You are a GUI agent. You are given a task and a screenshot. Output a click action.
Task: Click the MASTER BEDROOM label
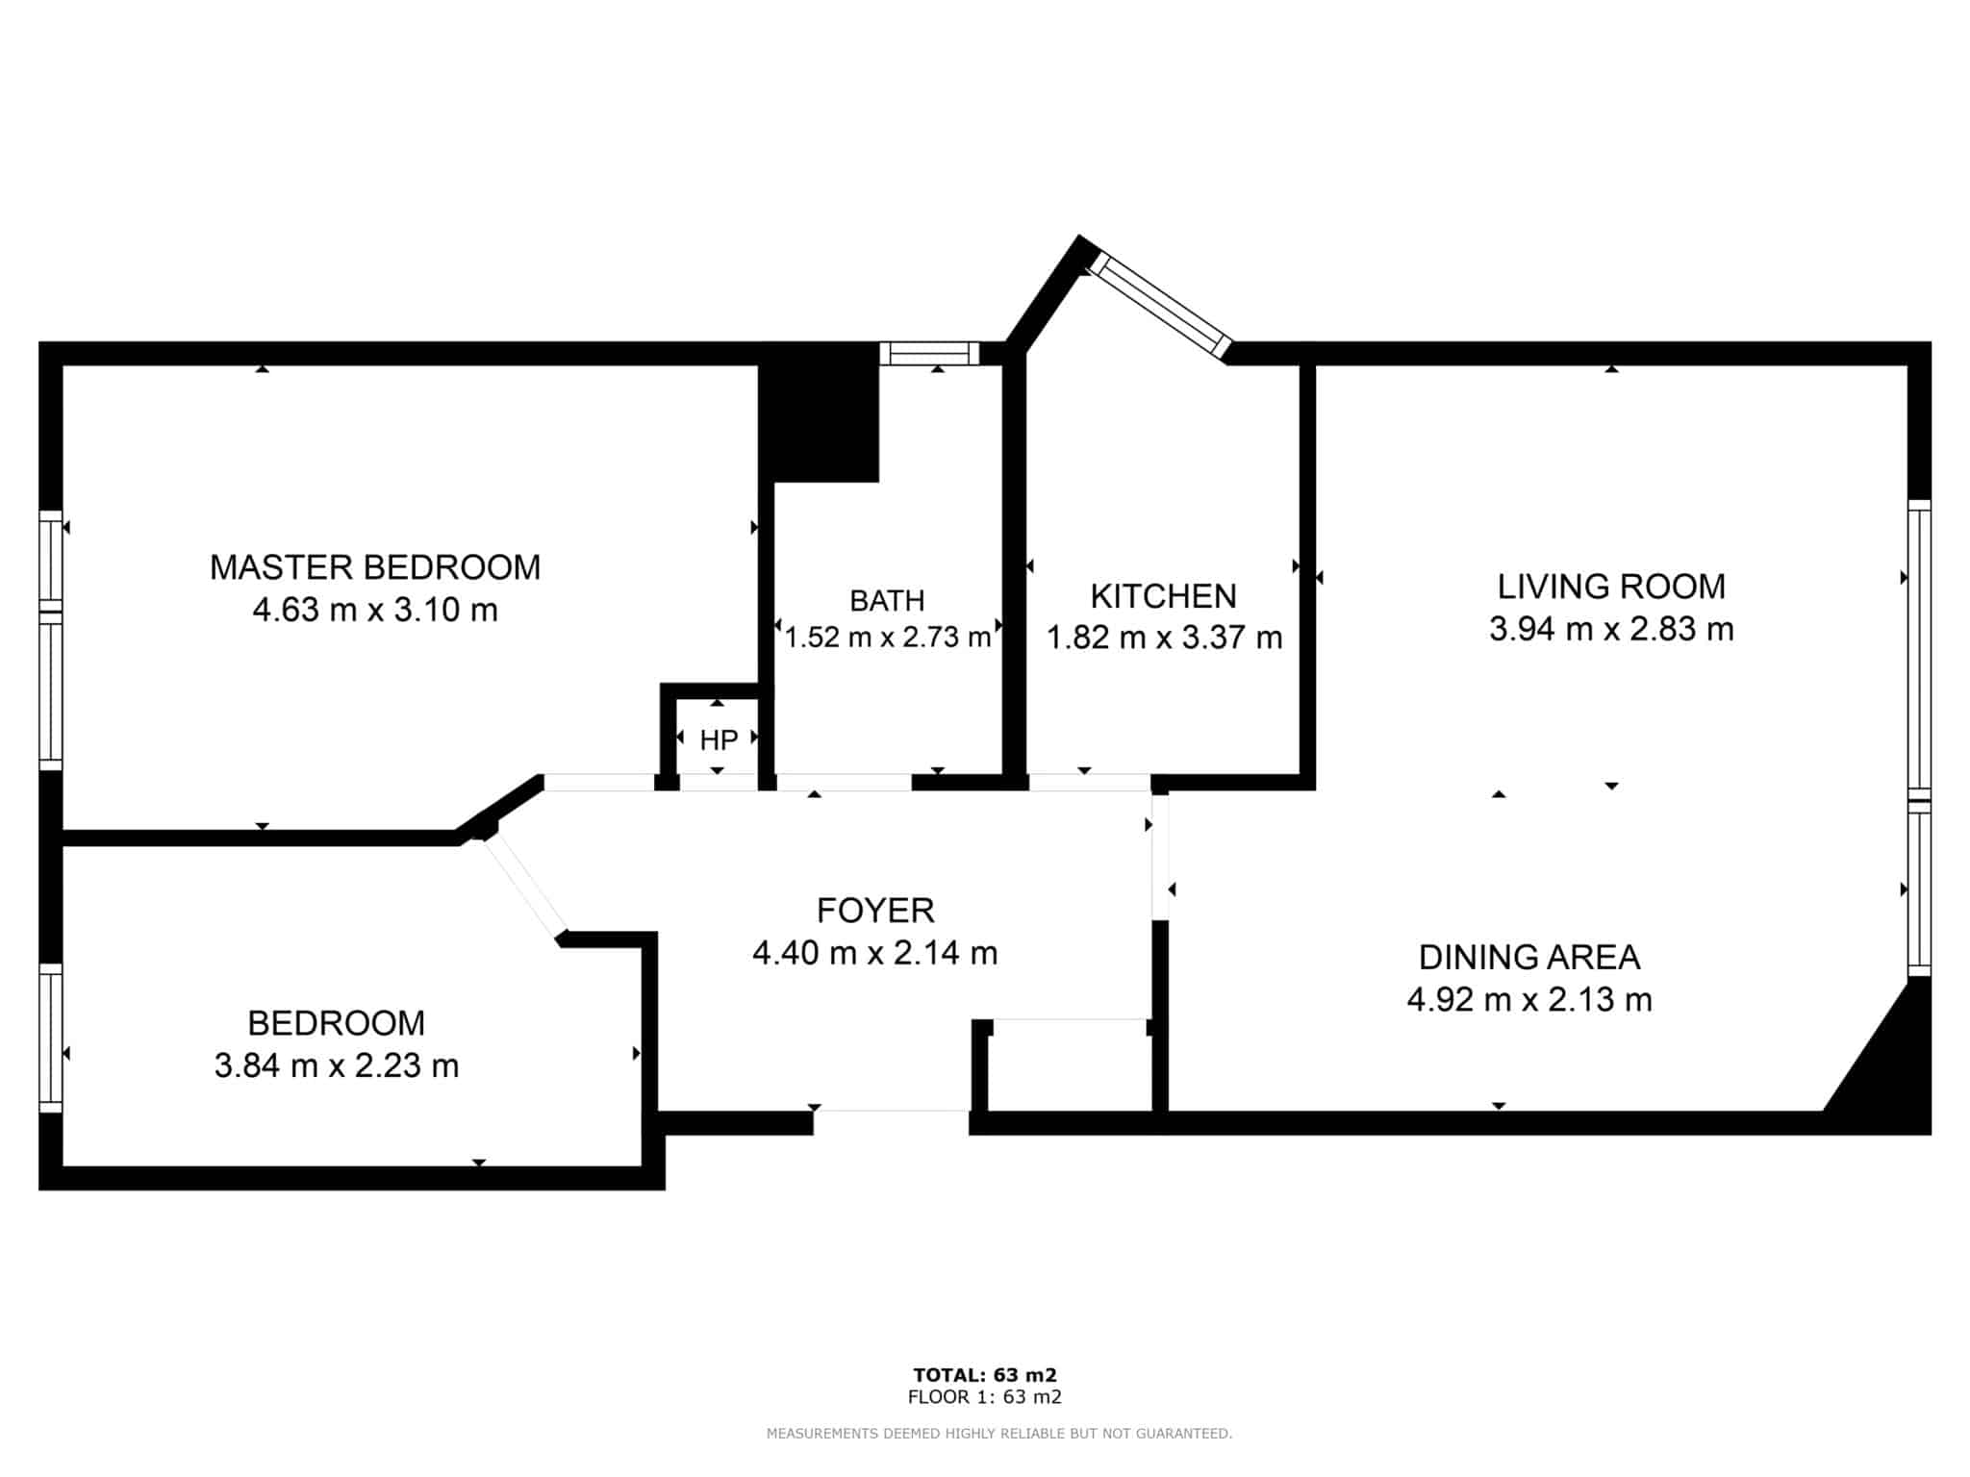pyautogui.click(x=375, y=567)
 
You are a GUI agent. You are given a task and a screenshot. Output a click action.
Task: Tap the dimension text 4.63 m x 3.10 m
pyautogui.click(x=375, y=610)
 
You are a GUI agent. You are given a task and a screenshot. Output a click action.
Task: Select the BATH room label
pyautogui.click(x=887, y=600)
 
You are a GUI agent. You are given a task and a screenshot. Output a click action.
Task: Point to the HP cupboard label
pyautogui.click(x=719, y=739)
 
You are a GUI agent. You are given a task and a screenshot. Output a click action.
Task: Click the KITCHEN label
pyautogui.click(x=1163, y=596)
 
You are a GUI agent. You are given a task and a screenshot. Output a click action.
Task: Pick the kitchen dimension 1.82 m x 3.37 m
pyautogui.click(x=1164, y=638)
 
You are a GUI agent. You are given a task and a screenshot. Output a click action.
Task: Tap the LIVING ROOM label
pyautogui.click(x=1611, y=587)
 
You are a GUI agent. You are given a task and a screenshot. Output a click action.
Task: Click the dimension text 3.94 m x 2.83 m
pyautogui.click(x=1611, y=629)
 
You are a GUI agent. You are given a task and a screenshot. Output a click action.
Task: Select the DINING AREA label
pyautogui.click(x=1529, y=957)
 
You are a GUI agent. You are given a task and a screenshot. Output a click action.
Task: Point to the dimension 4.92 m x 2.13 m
pyautogui.click(x=1529, y=999)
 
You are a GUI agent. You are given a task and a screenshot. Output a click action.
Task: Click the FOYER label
pyautogui.click(x=875, y=910)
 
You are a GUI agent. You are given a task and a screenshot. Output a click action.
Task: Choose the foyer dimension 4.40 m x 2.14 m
pyautogui.click(x=875, y=952)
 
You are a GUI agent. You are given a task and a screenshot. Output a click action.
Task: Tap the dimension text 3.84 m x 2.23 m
pyautogui.click(x=337, y=1065)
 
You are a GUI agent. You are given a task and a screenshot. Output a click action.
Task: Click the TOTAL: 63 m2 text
pyautogui.click(x=985, y=1375)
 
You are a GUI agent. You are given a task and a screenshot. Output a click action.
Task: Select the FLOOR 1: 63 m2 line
pyautogui.click(x=985, y=1397)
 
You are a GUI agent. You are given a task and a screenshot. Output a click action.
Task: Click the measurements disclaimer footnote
pyautogui.click(x=999, y=1434)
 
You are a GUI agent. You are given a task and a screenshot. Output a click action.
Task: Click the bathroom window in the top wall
pyautogui.click(x=929, y=353)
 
